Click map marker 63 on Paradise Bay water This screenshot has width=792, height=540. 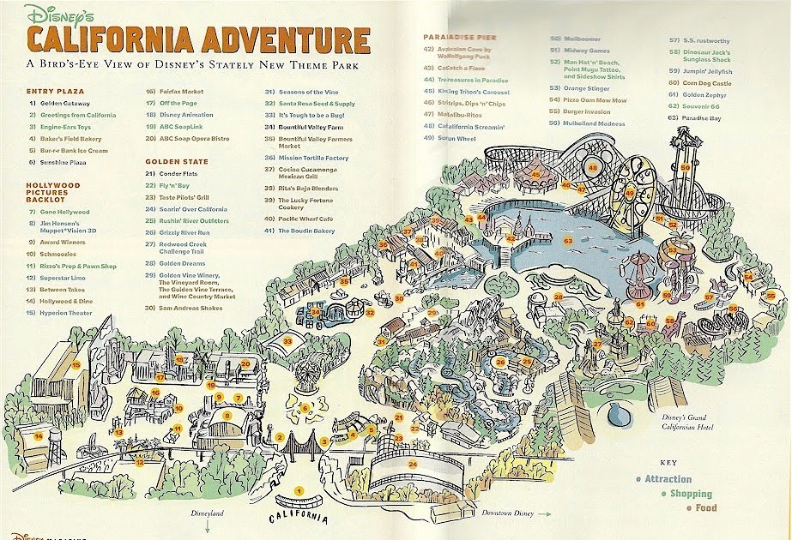point(568,241)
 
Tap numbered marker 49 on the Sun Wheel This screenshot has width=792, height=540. point(629,194)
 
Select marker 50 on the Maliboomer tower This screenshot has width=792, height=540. point(686,167)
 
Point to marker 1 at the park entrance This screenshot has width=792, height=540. point(299,490)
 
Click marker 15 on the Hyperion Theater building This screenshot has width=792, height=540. point(76,365)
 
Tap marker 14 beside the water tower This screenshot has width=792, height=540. point(39,435)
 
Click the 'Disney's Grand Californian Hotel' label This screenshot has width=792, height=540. point(689,423)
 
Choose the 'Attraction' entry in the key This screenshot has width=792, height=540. point(668,479)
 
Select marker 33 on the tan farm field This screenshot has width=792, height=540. point(288,341)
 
